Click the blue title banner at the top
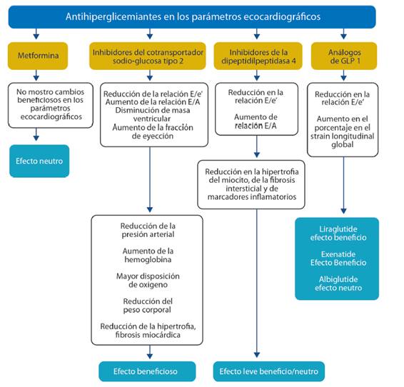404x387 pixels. click(x=192, y=16)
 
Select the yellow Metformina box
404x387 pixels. click(x=38, y=56)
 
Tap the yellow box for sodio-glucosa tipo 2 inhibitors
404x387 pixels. click(x=148, y=56)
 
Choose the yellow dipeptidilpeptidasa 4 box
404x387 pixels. click(x=258, y=56)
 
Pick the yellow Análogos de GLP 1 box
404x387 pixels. click(x=344, y=56)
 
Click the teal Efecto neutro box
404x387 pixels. click(x=39, y=161)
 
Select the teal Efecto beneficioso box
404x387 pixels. click(x=147, y=371)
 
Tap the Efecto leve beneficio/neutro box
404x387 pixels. click(x=269, y=371)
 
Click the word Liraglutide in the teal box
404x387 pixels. click(x=338, y=229)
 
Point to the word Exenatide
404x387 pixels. click(x=338, y=254)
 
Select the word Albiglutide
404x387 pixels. click(x=338, y=279)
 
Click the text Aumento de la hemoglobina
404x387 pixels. click(x=148, y=255)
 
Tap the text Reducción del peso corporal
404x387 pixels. click(x=147, y=306)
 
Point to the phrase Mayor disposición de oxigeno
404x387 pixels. click(x=148, y=281)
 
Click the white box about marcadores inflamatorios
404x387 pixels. click(x=251, y=184)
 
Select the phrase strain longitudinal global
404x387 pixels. click(x=342, y=140)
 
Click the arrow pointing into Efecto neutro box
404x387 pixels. click(x=36, y=134)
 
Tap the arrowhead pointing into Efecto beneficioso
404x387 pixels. click(x=150, y=356)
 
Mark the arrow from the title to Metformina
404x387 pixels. click(x=36, y=34)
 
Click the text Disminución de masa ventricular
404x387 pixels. click(x=152, y=114)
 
